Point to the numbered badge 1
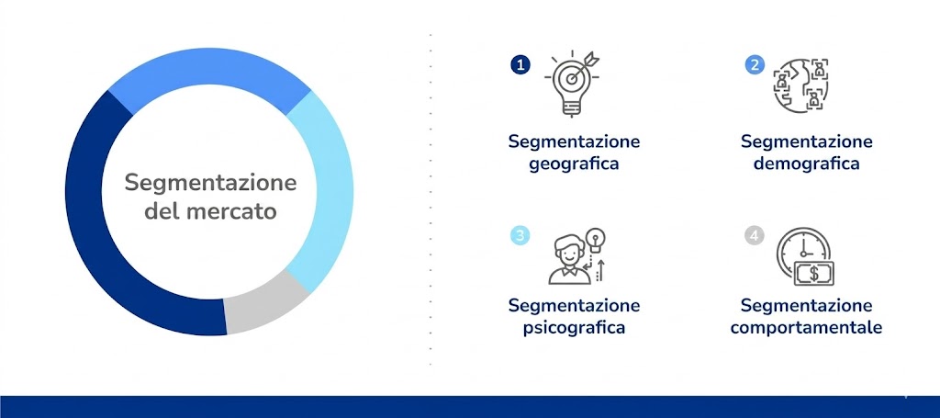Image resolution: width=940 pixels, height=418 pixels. pos(520,64)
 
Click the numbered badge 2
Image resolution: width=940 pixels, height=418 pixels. pos(754,64)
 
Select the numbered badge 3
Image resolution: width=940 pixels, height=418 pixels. pos(520,236)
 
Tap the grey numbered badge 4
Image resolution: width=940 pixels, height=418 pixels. pos(754,236)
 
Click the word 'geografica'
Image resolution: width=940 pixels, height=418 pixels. pos(574,164)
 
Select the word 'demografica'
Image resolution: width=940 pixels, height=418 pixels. pos(806,164)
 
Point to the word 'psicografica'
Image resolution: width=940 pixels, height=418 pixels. pos(574,327)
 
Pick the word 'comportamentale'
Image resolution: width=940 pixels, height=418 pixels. pos(806,327)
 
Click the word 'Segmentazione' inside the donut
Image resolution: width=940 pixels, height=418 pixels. pos(210,182)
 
